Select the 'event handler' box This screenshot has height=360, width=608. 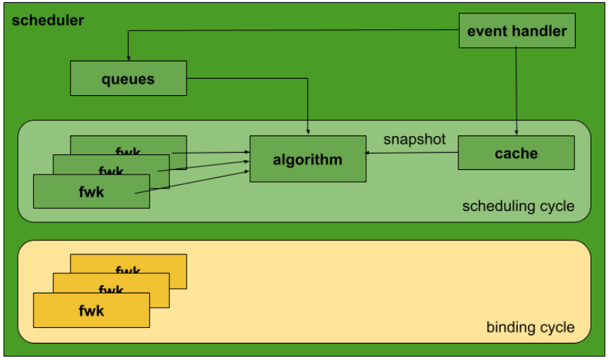517,31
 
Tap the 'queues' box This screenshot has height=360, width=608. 128,79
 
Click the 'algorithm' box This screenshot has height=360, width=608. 307,159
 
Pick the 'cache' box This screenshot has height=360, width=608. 516,153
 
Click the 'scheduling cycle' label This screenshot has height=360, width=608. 518,206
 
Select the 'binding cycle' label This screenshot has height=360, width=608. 530,327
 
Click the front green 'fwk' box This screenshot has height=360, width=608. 91,191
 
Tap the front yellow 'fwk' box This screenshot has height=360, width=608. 91,311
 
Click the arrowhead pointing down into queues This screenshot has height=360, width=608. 128,58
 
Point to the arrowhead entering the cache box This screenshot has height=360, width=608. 516,132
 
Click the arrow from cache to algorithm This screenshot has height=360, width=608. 412,153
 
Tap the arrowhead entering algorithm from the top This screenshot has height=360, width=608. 308,132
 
